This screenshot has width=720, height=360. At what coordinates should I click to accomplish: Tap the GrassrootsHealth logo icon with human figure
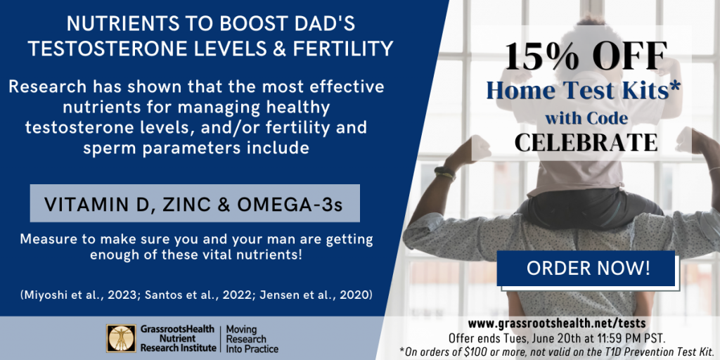coord(121,338)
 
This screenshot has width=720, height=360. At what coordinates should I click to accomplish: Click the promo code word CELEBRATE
coord(586,143)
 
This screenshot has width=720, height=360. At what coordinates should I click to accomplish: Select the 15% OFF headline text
coord(586,56)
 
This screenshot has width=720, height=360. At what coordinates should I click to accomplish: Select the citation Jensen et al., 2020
coord(316,295)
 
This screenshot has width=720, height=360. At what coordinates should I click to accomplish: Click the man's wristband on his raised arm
coord(444,173)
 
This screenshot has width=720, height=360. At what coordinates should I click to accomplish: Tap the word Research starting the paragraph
coord(47,87)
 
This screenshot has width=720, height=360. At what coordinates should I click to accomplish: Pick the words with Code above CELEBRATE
coord(586,118)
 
